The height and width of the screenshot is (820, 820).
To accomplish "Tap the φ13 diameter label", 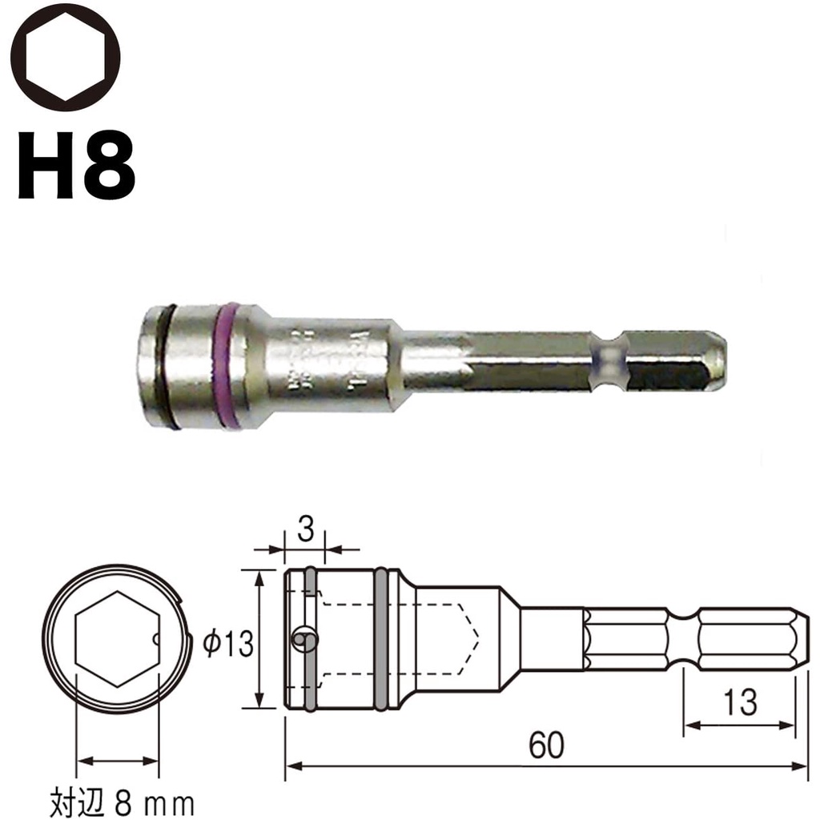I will (x=228, y=642).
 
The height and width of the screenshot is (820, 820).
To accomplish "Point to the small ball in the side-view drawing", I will (x=300, y=638).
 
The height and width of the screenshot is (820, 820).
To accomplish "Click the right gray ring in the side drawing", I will (x=381, y=639).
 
